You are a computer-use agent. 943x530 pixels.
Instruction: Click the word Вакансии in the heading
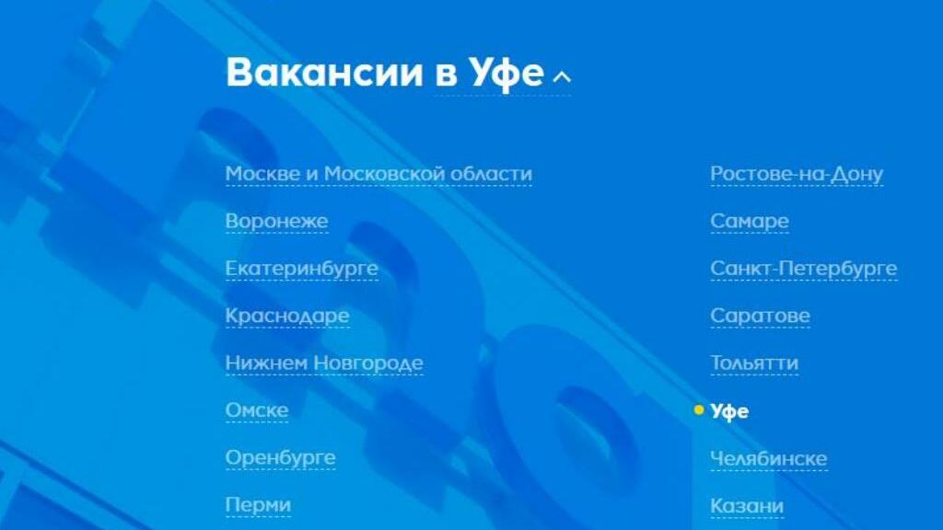click(x=325, y=72)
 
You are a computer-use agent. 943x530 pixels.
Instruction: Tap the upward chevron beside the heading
click(x=562, y=76)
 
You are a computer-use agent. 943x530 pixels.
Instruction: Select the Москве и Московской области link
click(x=378, y=174)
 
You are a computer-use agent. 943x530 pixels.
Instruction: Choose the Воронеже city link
click(x=276, y=221)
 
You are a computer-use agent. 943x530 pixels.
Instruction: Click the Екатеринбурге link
click(x=302, y=269)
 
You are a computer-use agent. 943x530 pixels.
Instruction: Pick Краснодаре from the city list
click(x=287, y=317)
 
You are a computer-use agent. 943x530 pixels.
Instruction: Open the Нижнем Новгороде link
click(x=324, y=363)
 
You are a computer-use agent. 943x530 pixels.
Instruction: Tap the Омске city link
click(x=257, y=410)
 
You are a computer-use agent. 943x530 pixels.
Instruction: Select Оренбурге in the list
click(x=280, y=458)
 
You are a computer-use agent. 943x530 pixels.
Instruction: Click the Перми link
click(x=258, y=505)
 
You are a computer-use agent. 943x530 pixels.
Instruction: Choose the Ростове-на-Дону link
click(x=797, y=174)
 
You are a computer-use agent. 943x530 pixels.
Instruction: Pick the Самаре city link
click(x=750, y=221)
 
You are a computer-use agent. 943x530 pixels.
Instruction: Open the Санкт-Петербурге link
click(x=803, y=269)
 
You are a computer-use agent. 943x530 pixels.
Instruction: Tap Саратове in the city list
click(x=760, y=317)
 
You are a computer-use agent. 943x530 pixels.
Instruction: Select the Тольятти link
click(x=754, y=363)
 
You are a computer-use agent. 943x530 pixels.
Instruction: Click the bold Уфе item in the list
click(x=729, y=411)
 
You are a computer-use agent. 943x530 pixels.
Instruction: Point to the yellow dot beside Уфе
click(x=698, y=409)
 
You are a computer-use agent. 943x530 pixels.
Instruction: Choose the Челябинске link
click(x=769, y=458)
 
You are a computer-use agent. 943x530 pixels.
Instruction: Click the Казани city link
click(x=747, y=506)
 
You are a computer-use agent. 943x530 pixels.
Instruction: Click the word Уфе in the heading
click(x=506, y=74)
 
